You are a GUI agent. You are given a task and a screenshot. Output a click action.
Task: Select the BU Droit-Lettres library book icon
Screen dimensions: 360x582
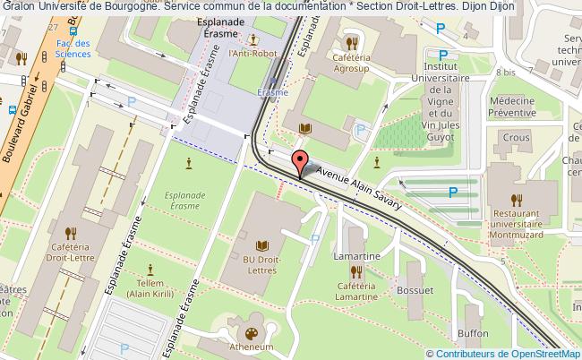coord(262,245)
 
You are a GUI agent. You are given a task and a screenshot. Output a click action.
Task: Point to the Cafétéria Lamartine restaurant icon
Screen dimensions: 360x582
coord(355,270)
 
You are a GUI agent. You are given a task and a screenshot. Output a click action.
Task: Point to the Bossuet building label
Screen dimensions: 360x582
coord(416,290)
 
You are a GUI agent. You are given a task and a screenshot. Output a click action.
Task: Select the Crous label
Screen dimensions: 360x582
coord(515,137)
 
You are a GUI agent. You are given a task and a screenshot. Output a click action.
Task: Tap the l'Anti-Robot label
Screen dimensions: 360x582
coord(252,54)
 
